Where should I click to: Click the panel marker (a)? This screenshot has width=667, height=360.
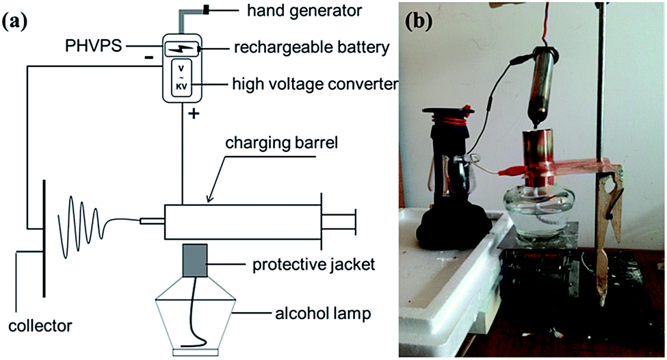(14, 20)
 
